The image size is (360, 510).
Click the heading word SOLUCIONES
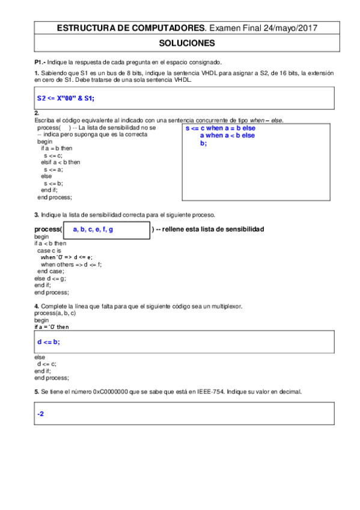coord(186,43)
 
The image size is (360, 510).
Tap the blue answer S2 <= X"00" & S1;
coord(66,97)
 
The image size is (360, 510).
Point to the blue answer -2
coord(41,414)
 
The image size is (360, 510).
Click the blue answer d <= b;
coord(48,342)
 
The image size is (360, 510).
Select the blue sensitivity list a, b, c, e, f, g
coord(93,230)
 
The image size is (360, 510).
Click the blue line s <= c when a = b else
coord(220,129)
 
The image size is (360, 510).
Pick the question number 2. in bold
coord(37,113)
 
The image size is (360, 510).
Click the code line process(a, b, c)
coord(55,313)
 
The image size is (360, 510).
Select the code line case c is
coord(49,250)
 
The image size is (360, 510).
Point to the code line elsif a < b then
coord(61,162)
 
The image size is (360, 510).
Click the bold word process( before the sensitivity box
coord(48,230)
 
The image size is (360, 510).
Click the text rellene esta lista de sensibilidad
coord(213,230)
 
